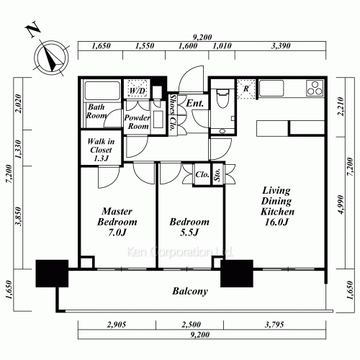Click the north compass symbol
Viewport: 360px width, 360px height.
pos(51,58)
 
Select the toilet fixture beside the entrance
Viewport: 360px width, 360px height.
pos(222,99)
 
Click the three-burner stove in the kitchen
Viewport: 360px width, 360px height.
pos(315,89)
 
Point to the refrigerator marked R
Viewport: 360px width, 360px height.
pos(246,89)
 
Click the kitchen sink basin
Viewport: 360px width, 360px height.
pos(271,89)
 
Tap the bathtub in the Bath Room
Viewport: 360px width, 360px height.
pos(102,91)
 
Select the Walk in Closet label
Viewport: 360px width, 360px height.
pos(101,150)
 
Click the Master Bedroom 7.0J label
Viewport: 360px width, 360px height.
pos(117,222)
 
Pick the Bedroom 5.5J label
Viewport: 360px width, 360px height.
pos(189,227)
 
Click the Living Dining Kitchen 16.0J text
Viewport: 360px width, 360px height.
pos(277,206)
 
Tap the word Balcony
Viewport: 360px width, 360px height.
pos(190,292)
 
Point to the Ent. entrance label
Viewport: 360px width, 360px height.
pos(195,103)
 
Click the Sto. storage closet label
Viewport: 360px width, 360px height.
pos(217,174)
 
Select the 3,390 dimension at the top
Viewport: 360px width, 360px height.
pos(281,46)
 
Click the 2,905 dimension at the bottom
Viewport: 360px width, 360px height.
pos(117,325)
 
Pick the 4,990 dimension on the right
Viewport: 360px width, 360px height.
pos(341,204)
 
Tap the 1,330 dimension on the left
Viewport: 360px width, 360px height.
pos(19,149)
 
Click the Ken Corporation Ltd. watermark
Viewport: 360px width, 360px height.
pos(179,252)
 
